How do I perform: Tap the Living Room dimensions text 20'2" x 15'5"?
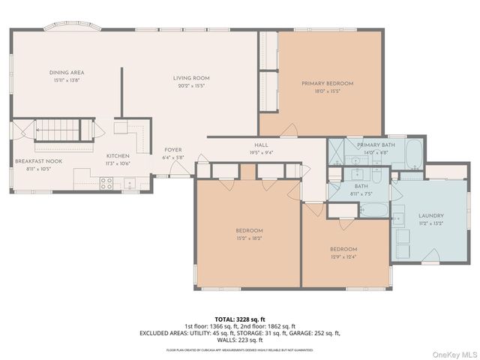pos(191,85)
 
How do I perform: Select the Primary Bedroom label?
pos(327,83)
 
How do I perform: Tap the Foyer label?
pos(173,149)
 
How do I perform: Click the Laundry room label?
pos(430,215)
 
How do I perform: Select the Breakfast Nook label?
pos(37,161)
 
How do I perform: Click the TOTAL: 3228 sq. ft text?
pos(239,319)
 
